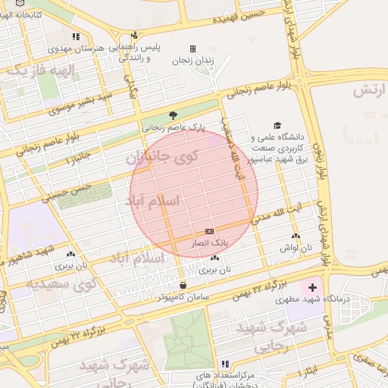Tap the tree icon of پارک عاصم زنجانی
[174, 115]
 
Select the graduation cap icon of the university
[277, 125]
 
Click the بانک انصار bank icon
[209, 231]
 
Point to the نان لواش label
[296, 248]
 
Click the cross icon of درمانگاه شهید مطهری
[312, 288]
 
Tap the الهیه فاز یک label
[41, 70]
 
